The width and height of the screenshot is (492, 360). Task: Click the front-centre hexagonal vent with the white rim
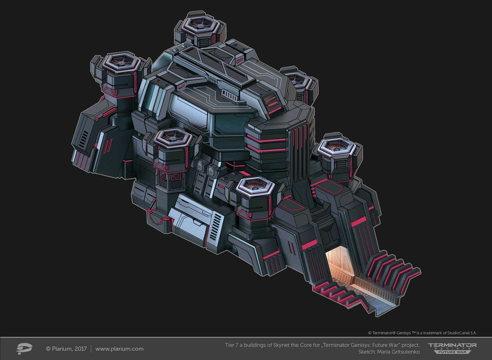(x=255, y=186)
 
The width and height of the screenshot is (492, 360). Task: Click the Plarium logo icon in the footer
(x=24, y=348)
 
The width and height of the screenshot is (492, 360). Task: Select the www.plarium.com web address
(x=119, y=349)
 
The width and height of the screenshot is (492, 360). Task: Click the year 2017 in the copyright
(x=81, y=349)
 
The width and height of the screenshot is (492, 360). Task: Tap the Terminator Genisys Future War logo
(x=452, y=348)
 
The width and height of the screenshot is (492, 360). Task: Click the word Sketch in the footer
(x=366, y=352)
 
